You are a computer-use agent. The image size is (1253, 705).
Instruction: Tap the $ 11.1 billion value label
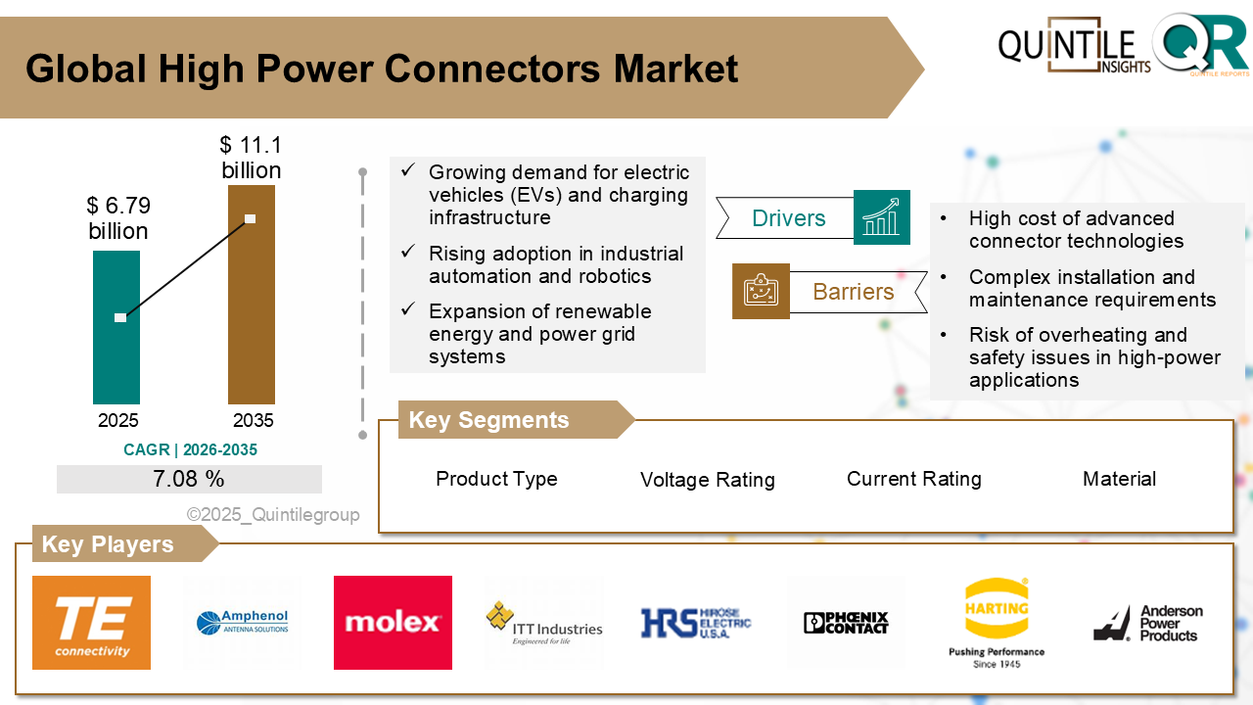tap(251, 158)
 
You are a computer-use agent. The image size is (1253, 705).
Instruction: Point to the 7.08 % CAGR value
tap(189, 479)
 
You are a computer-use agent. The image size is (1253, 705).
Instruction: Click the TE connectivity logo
tap(92, 623)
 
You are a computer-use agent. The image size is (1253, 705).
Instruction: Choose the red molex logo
tap(393, 623)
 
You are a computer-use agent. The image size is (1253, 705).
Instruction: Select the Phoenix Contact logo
tap(846, 623)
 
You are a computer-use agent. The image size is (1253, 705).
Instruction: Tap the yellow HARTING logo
tap(997, 607)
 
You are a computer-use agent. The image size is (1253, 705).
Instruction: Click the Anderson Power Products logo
tap(1148, 623)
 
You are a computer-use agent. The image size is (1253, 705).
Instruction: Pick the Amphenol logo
tap(242, 623)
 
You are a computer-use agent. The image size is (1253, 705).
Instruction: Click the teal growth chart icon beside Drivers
tap(881, 217)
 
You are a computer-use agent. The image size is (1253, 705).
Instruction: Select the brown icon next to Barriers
tap(761, 291)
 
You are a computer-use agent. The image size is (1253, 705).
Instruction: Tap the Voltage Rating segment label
tap(707, 480)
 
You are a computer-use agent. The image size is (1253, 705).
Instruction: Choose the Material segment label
tap(1119, 479)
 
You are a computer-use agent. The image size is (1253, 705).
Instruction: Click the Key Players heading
tap(108, 544)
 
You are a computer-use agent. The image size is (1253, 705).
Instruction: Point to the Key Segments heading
tap(488, 420)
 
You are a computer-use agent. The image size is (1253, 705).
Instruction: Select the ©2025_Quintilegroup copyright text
tap(273, 515)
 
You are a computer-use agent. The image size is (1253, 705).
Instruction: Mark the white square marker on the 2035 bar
tap(250, 218)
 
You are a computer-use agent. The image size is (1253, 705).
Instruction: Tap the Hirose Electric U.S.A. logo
tap(695, 623)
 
